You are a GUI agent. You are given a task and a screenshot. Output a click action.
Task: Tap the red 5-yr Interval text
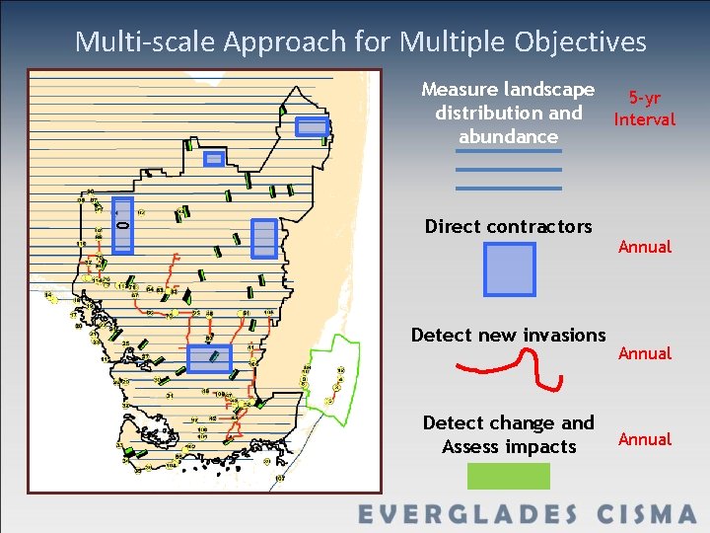click(x=644, y=110)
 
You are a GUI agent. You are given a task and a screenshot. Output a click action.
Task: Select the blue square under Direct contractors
click(x=509, y=269)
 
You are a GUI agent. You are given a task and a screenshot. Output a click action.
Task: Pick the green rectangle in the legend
click(x=508, y=476)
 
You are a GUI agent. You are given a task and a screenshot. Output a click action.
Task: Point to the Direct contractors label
click(x=508, y=226)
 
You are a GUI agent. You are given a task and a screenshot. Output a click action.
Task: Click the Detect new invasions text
click(x=508, y=335)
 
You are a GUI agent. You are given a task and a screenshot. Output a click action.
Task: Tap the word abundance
click(x=508, y=136)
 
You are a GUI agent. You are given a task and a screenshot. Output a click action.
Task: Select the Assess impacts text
click(x=508, y=447)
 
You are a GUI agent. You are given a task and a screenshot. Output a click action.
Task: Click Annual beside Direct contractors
click(x=644, y=247)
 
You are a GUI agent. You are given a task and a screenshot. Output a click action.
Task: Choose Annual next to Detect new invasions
click(x=644, y=353)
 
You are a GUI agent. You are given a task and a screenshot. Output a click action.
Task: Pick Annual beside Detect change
click(x=644, y=439)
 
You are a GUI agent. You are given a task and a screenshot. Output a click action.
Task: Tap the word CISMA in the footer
click(x=646, y=514)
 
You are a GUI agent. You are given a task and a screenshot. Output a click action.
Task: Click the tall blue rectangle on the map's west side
click(x=122, y=225)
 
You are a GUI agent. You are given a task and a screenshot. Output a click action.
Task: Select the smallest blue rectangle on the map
click(x=214, y=158)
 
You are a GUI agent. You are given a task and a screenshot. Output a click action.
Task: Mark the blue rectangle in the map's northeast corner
click(x=312, y=126)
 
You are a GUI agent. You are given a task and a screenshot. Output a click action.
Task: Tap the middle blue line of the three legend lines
click(x=508, y=170)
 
